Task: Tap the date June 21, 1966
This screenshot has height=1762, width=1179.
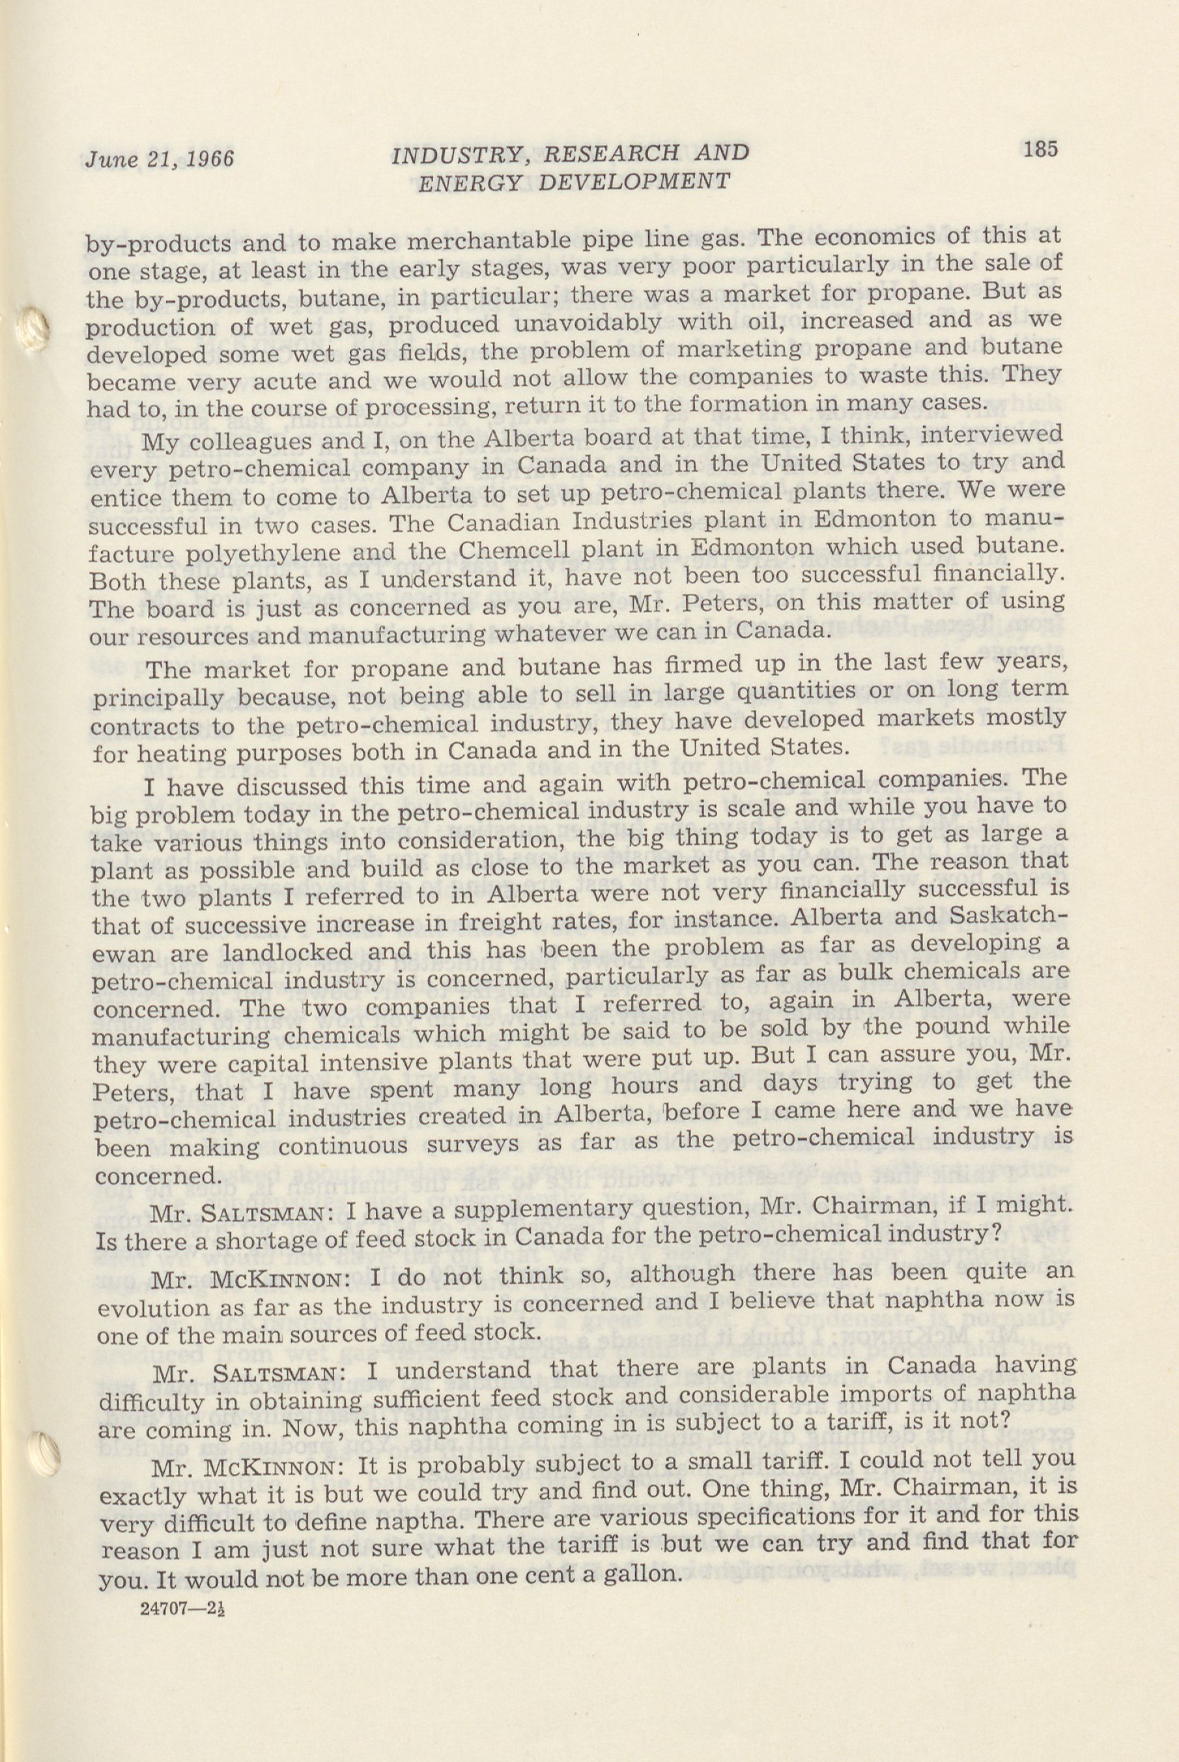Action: pyautogui.click(x=160, y=159)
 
